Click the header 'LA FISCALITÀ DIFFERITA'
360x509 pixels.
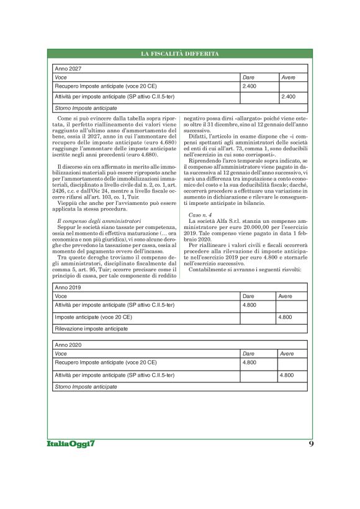(x=179, y=55)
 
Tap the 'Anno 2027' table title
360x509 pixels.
(x=68, y=68)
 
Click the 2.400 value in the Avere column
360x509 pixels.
(x=288, y=97)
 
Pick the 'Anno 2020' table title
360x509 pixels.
(x=68, y=345)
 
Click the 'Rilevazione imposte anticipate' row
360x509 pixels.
(x=92, y=327)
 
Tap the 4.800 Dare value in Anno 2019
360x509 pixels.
(x=250, y=306)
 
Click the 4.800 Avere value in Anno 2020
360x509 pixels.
(x=286, y=376)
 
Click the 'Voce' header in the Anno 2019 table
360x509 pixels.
(x=61, y=297)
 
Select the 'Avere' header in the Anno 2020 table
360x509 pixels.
(x=288, y=353)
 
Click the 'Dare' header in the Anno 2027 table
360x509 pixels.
(x=248, y=77)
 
